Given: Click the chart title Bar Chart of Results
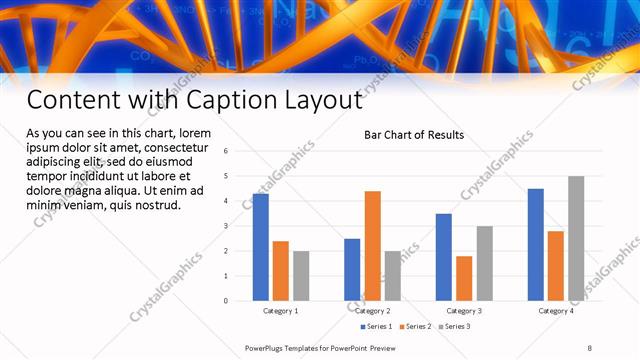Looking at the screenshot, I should click(x=413, y=135).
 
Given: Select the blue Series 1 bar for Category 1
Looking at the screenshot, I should click(x=261, y=247).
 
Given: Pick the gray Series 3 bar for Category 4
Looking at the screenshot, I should click(x=576, y=238).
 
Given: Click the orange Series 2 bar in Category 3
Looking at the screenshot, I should click(x=464, y=278).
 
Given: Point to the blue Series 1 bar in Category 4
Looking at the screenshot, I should click(x=536, y=244).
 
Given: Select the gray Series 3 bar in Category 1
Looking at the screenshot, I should click(x=301, y=275).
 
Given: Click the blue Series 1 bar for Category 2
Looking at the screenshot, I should click(x=352, y=269).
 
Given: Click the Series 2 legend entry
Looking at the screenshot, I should click(x=417, y=326).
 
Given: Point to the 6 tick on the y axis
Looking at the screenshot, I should click(x=227, y=151).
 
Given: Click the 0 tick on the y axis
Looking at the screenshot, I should click(x=227, y=300).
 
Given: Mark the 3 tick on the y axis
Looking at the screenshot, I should click(x=227, y=226).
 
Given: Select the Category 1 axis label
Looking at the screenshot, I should click(x=281, y=311).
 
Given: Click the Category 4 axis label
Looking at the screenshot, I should click(x=556, y=311).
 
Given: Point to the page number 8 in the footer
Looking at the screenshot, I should click(x=589, y=348).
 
